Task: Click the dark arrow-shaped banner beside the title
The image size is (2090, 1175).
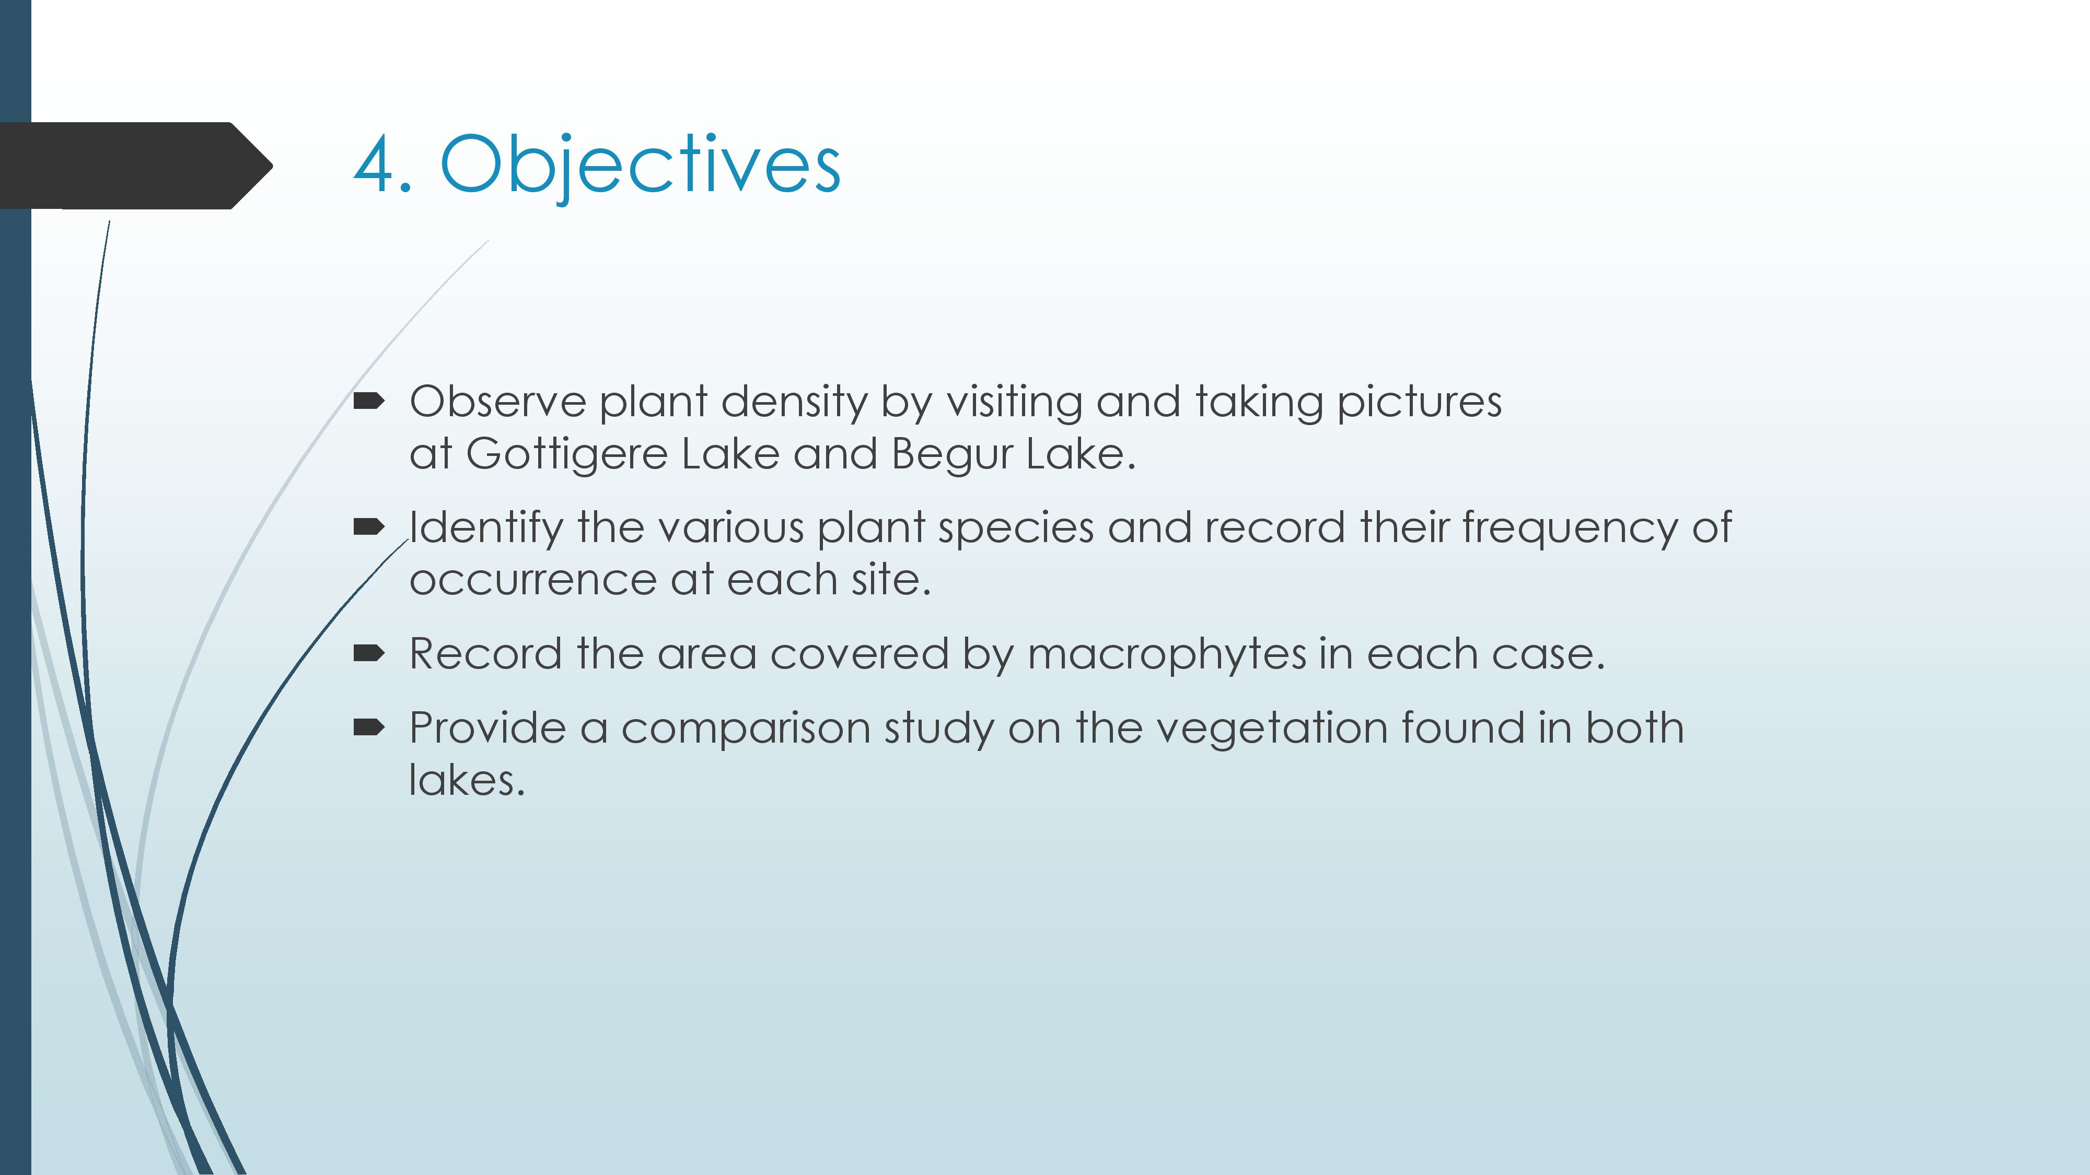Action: point(136,166)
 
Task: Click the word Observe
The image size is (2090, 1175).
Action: point(498,402)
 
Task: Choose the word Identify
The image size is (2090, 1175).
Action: point(486,528)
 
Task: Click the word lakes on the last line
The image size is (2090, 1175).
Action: point(467,780)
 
